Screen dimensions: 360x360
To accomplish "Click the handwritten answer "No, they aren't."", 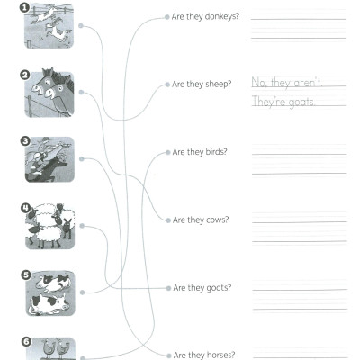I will tap(286, 82).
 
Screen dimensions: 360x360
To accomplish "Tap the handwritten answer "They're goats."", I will tap(282, 103).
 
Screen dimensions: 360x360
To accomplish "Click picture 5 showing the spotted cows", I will tap(49, 294).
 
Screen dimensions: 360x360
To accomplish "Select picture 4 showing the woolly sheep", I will tap(49, 227).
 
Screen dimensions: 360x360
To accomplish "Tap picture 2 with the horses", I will tap(49, 93).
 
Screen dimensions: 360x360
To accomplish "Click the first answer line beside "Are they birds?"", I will tap(298, 153).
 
